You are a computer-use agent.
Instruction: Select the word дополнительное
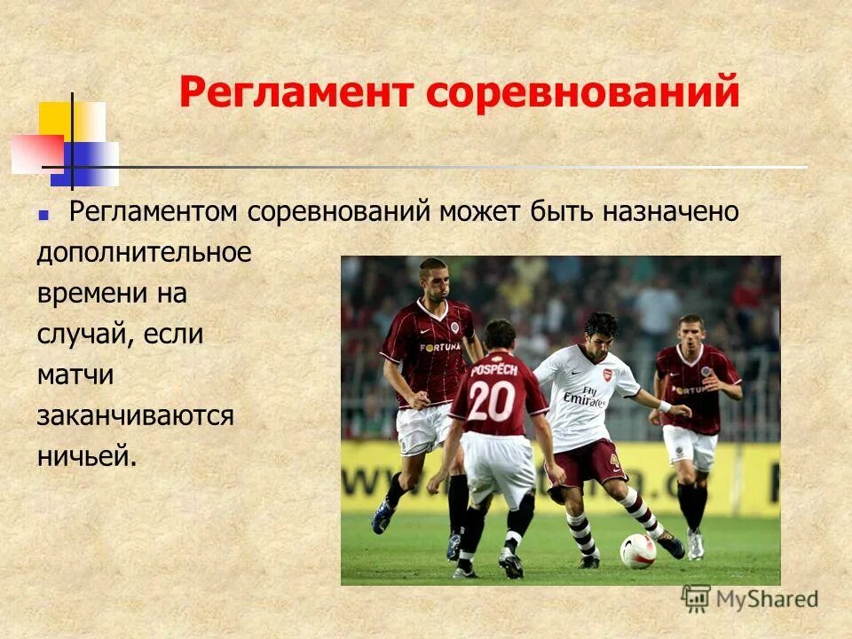144,253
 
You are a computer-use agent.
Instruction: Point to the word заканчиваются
135,415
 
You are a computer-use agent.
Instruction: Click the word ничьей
87,456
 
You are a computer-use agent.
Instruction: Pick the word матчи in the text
75,375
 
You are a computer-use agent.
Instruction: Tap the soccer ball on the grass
638,550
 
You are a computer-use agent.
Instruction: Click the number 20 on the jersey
491,400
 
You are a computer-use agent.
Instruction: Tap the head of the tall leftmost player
433,280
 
